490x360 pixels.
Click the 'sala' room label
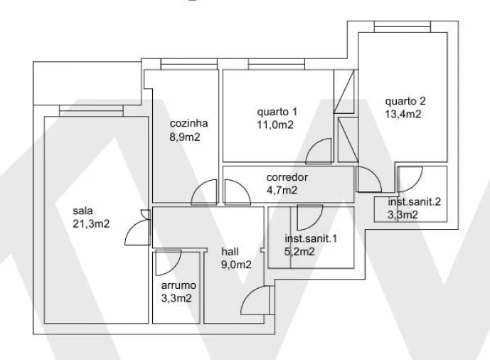(82, 211)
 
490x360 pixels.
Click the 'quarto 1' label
(277, 112)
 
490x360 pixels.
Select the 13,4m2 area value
(403, 113)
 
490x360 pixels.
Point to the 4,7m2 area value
(282, 189)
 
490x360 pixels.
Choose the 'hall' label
(230, 252)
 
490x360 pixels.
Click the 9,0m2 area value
(236, 265)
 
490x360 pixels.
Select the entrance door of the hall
(255, 301)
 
